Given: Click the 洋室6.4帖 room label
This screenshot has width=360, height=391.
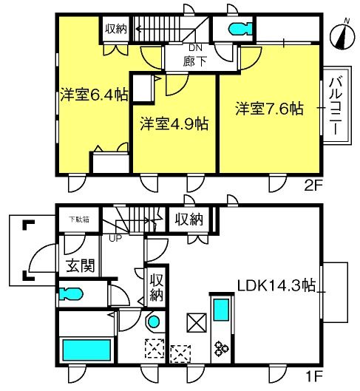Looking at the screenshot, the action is pos(94,95).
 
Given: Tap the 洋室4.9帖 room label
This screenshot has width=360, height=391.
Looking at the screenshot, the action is pos(174,123).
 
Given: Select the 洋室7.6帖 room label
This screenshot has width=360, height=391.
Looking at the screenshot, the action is pos(270,109).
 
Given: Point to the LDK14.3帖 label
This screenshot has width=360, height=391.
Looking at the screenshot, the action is pos(276,285).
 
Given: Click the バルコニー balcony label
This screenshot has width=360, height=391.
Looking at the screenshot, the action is pos(336,106).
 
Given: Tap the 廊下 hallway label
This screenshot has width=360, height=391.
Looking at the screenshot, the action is pos(195,61).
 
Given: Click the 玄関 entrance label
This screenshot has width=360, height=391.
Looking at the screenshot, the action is pos(81,265).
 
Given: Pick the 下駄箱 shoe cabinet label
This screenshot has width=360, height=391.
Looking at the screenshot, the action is pos(79,220).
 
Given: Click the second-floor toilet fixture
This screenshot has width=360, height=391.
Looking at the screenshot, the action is pos(240,28).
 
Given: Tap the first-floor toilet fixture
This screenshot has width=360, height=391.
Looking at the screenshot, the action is pos(70,293).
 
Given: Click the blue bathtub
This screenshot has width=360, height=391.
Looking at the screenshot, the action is pos(86,350).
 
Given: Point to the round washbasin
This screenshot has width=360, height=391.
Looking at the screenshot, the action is pos(153,322).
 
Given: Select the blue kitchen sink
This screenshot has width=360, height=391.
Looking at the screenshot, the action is pos(221,310).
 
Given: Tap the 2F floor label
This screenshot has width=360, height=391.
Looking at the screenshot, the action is pos(313,186).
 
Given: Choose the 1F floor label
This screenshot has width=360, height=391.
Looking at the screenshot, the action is pos(315,376).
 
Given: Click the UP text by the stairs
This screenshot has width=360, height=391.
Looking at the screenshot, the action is pos(115,239).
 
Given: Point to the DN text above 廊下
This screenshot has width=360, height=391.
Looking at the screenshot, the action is pos(195,47).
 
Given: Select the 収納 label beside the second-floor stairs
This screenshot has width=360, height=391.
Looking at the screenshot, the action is pos(116,29).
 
